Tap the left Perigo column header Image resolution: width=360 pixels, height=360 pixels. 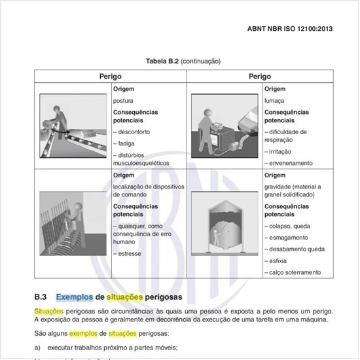[110, 77]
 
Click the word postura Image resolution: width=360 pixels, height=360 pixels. [123, 101]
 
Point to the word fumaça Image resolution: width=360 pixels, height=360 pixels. [274, 101]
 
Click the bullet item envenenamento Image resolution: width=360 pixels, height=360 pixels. [289, 163]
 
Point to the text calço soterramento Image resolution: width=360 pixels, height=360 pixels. [295, 272]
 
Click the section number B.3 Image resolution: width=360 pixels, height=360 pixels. [41, 295]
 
